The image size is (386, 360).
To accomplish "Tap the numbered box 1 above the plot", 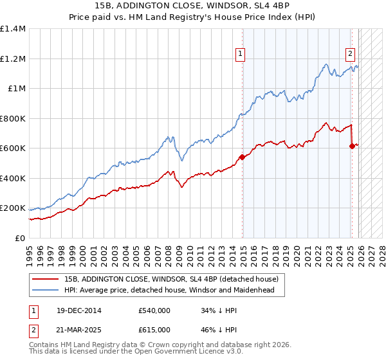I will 241,55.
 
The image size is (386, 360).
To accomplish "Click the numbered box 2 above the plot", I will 351,55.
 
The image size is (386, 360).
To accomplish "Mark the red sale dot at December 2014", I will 243,157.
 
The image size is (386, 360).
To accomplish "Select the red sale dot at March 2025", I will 352,147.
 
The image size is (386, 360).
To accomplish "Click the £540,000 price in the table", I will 154,310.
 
